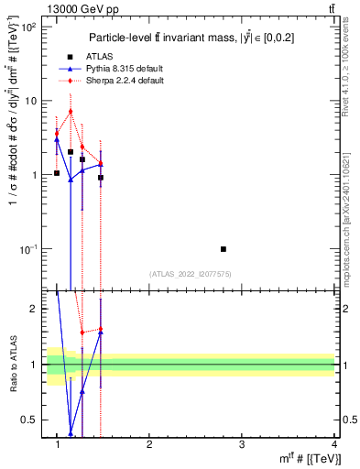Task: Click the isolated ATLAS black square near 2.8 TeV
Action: pos(224,248)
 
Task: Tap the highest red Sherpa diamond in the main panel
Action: pos(71,112)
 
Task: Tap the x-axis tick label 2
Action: pos(149,444)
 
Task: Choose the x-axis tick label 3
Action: pos(242,444)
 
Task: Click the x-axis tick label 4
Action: pos(334,444)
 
